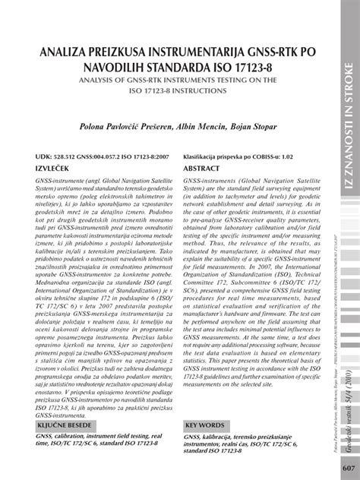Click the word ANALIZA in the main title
tap(62, 51)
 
